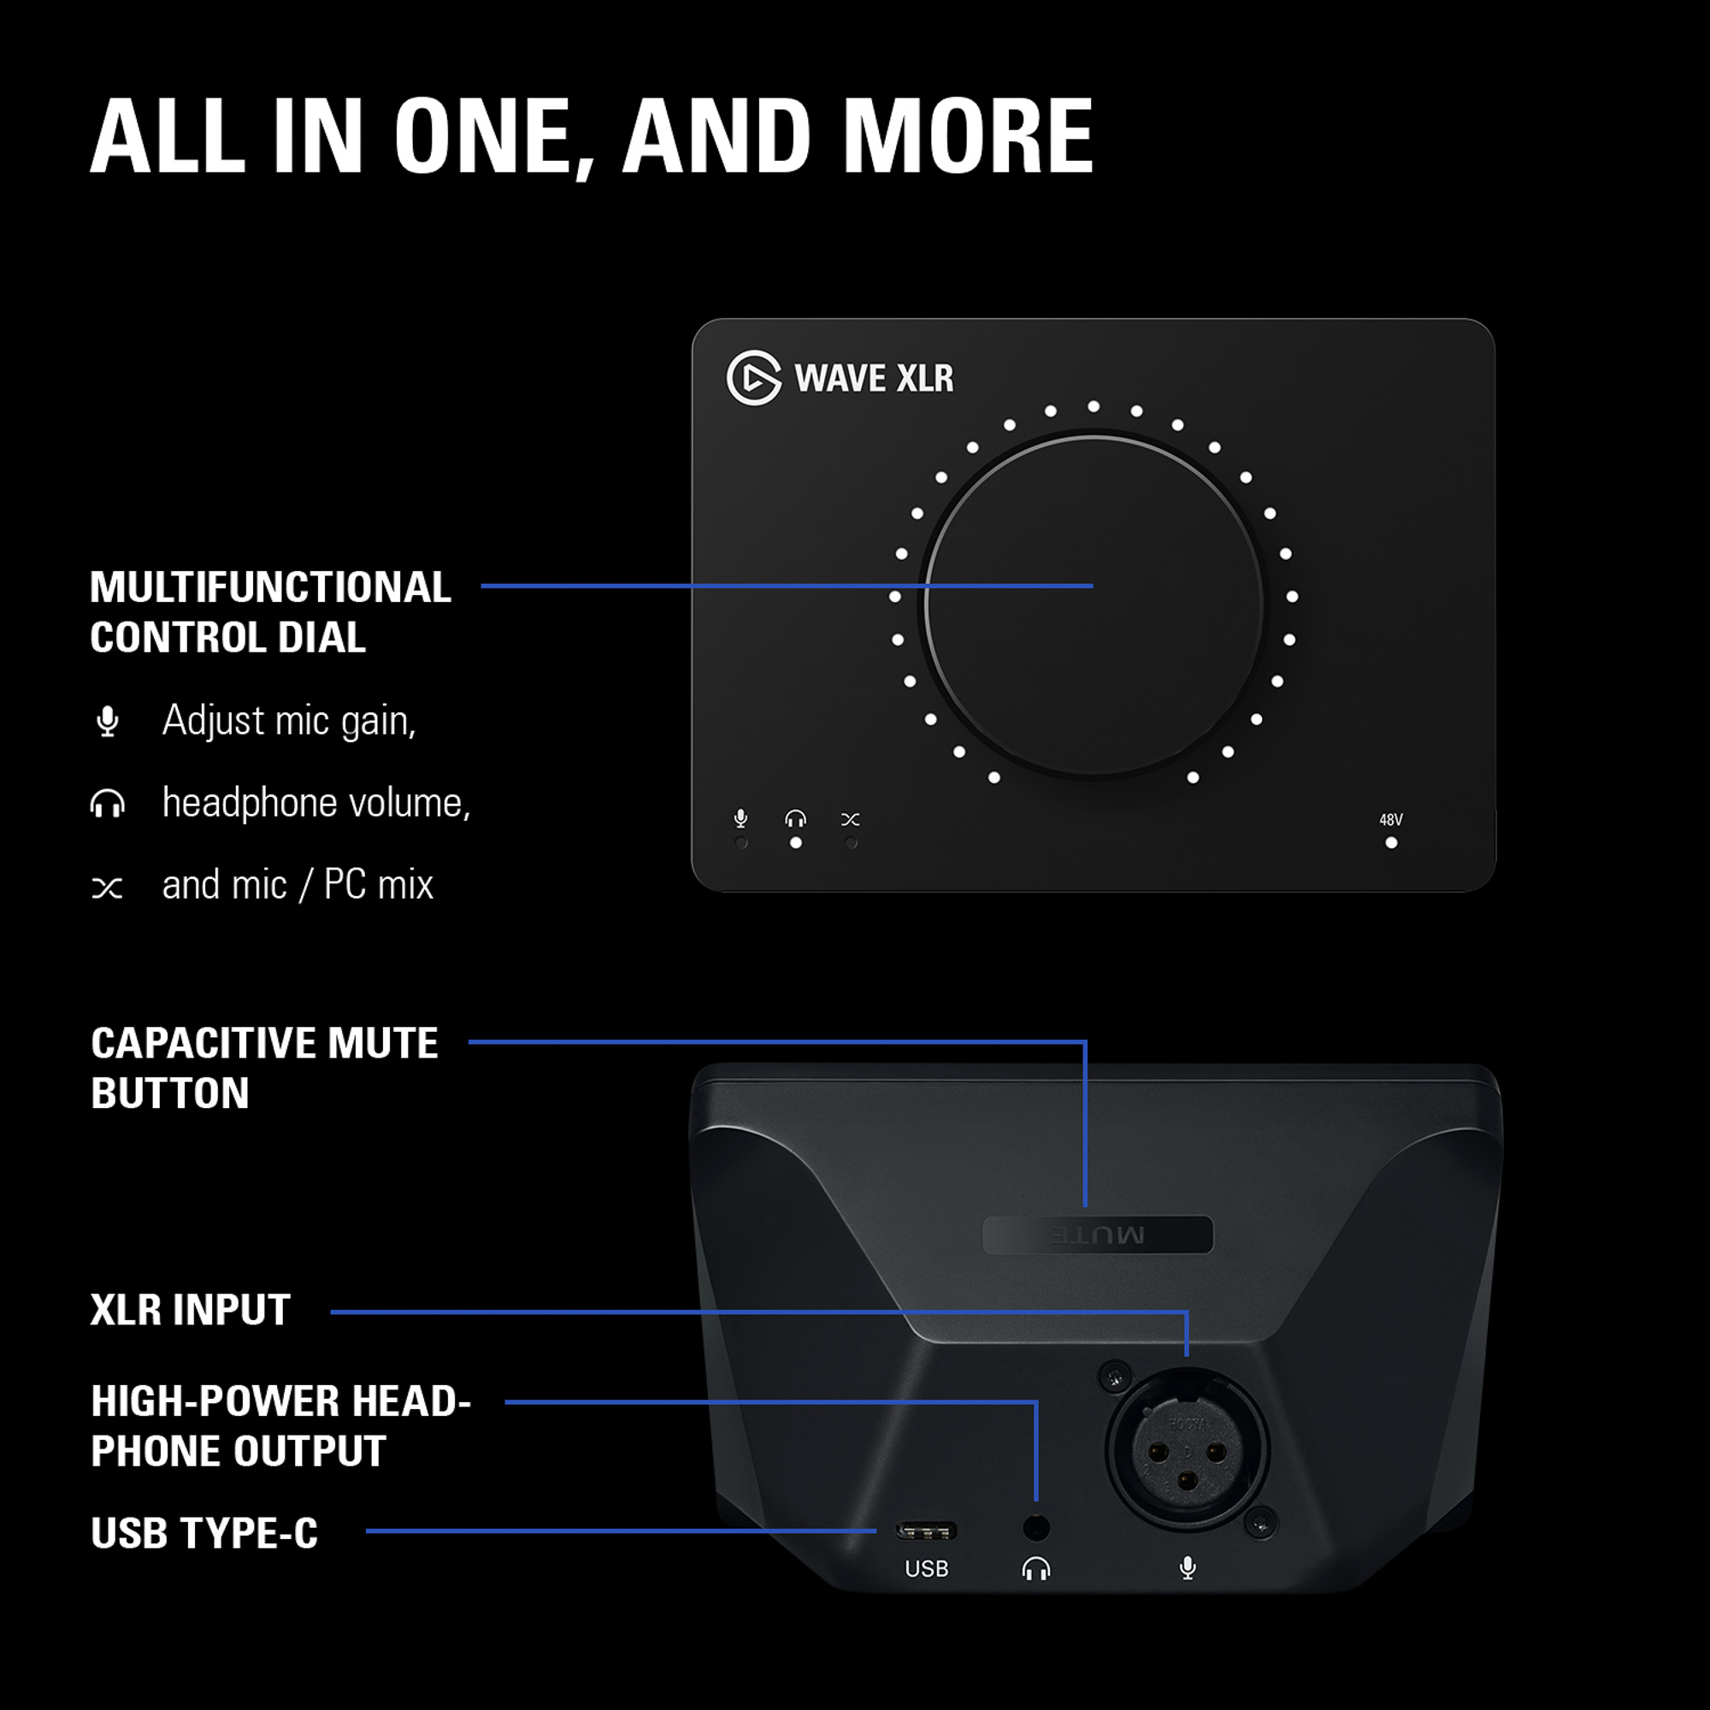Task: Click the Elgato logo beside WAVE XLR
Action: pyautogui.click(x=754, y=378)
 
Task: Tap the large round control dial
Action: pyautogui.click(x=1094, y=604)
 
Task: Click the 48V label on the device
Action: pyautogui.click(x=1390, y=820)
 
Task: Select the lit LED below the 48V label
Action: pyautogui.click(x=1391, y=843)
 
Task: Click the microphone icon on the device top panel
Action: pyautogui.click(x=740, y=819)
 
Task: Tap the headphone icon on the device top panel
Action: pyautogui.click(x=796, y=819)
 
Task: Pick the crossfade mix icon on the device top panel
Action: pyautogui.click(x=851, y=820)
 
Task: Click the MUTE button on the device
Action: pyautogui.click(x=1098, y=1235)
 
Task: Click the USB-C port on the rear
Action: pyautogui.click(x=926, y=1530)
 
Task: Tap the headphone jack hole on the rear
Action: pyautogui.click(x=1035, y=1528)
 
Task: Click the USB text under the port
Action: pyautogui.click(x=927, y=1569)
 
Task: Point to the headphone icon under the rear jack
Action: pyautogui.click(x=1035, y=1569)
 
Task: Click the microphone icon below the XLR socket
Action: pyautogui.click(x=1188, y=1568)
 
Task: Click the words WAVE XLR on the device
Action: pyautogui.click(x=874, y=378)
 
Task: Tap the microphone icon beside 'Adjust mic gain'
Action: pyautogui.click(x=107, y=722)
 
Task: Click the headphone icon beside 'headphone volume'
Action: pyautogui.click(x=107, y=804)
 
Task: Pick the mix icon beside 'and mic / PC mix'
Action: pyautogui.click(x=107, y=887)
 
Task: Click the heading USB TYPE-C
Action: pyautogui.click(x=204, y=1533)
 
